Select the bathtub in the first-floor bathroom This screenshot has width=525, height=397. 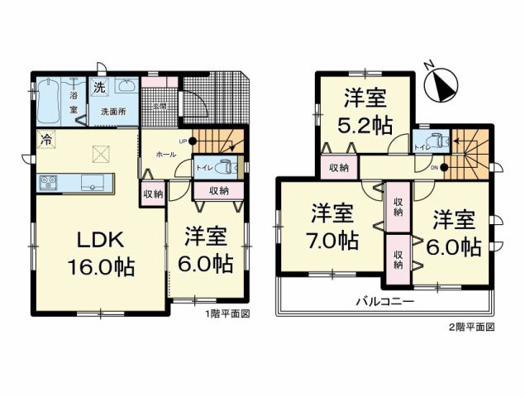click(53, 100)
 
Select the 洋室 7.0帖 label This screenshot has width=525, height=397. click(334, 228)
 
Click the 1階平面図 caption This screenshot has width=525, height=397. click(227, 313)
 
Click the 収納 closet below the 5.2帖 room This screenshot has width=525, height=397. click(339, 168)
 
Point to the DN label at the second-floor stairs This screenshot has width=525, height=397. click(435, 168)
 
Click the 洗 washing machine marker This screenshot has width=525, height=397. click(98, 88)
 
